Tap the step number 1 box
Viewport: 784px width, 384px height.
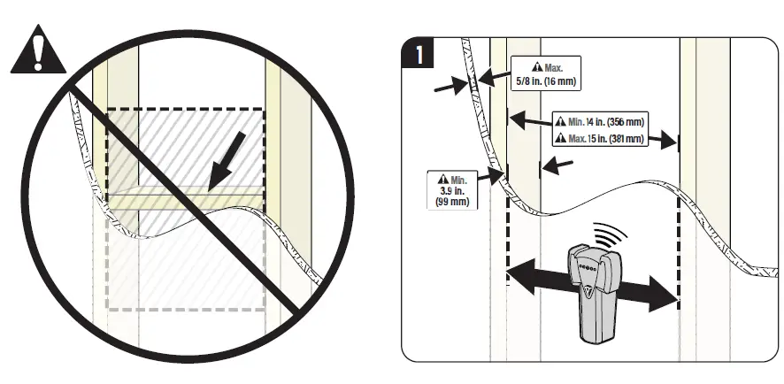coord(418,55)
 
